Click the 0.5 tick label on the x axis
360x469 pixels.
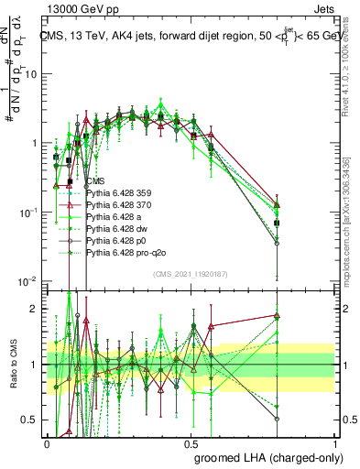point(191,442)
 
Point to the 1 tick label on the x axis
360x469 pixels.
point(334,442)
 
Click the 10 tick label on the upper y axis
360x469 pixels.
point(31,74)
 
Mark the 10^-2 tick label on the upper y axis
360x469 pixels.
point(27,281)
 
